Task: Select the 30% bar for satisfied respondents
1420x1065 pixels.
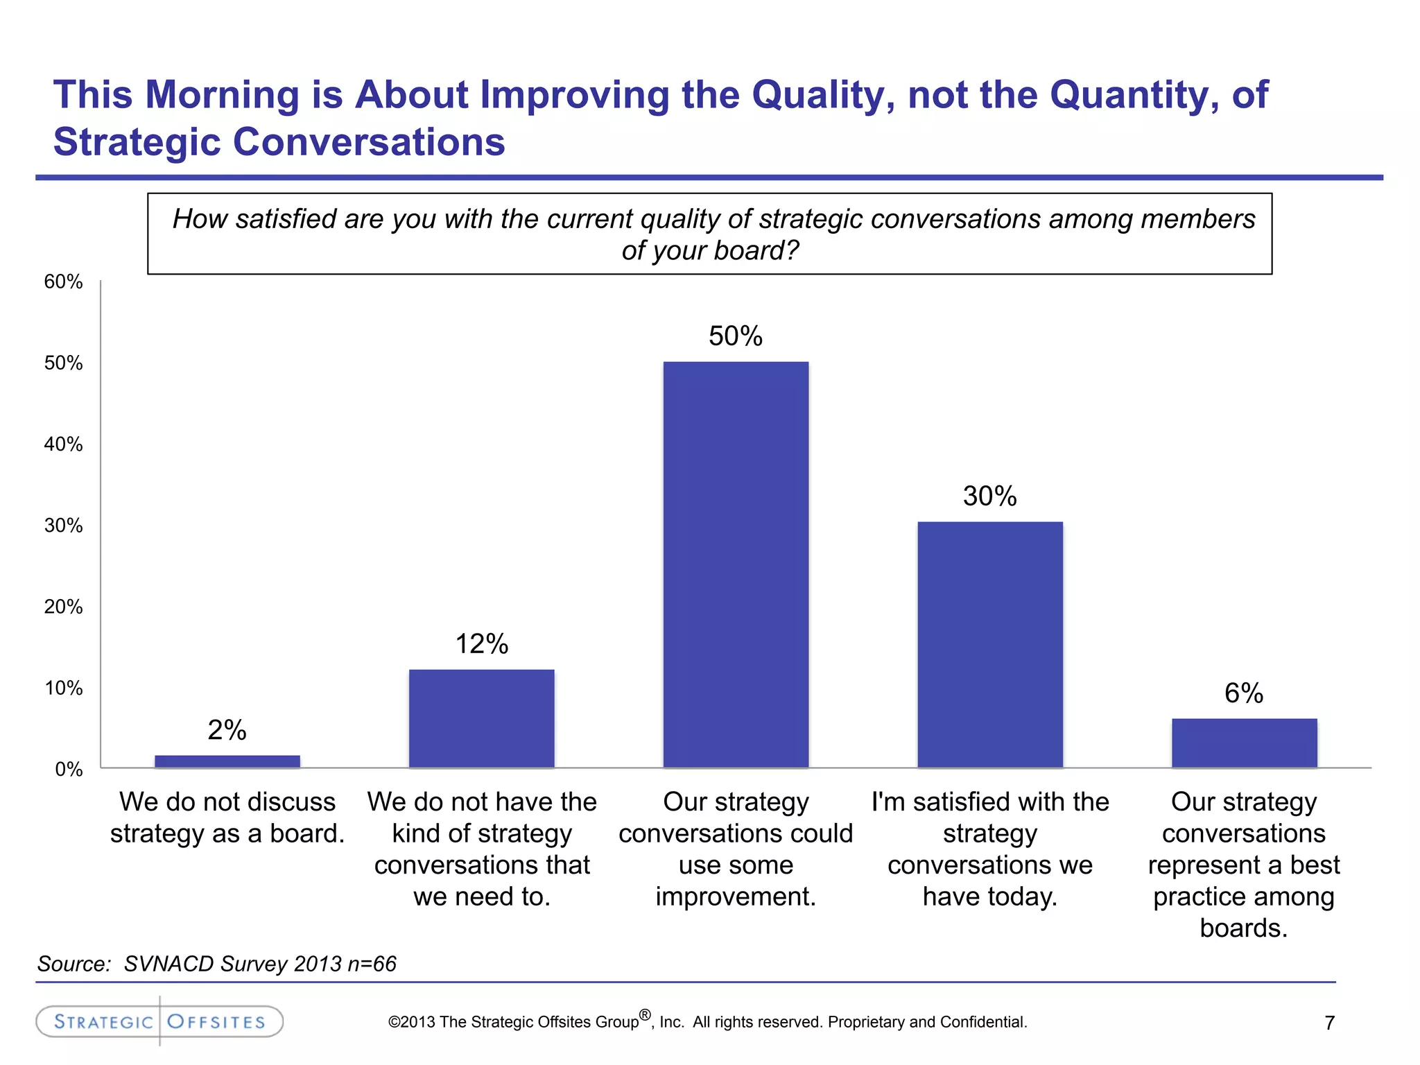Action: (989, 644)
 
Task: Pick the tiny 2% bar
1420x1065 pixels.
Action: (227, 761)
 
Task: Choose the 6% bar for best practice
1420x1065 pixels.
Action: (1244, 743)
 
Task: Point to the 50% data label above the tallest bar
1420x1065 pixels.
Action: (735, 336)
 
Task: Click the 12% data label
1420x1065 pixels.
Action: (481, 644)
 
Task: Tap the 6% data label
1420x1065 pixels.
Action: (1243, 693)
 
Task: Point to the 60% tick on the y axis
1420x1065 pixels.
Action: (63, 282)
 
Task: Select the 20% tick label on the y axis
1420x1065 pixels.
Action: (63, 607)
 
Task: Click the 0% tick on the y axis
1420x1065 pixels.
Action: (69, 769)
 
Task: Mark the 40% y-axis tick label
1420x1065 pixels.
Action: (63, 444)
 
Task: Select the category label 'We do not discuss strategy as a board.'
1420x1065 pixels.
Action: (227, 817)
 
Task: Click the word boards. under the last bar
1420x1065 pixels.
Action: (1243, 928)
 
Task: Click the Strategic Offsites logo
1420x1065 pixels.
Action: (159, 1021)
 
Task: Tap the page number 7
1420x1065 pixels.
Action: (1329, 1023)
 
